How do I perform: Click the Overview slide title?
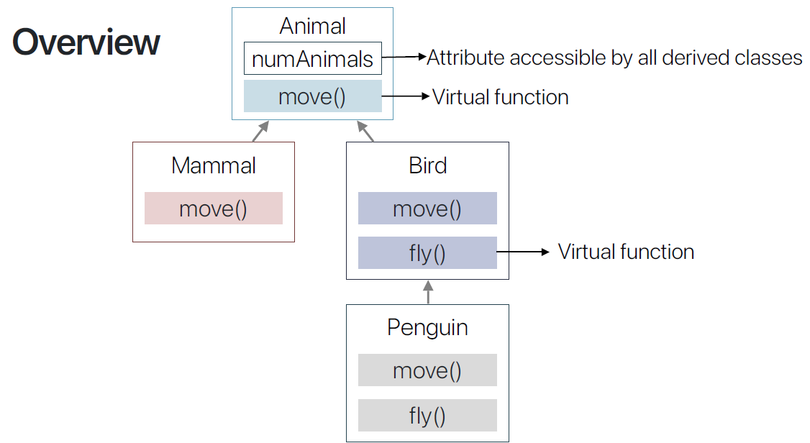86,42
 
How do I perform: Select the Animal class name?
312,26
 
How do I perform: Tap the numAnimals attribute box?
312,59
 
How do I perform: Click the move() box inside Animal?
312,96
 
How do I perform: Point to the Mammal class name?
214,165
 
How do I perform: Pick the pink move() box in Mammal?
214,209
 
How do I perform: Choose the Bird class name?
428,165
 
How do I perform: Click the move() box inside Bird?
427,209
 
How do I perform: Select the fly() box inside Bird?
427,252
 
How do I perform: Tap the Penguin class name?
427,327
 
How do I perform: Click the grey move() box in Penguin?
427,370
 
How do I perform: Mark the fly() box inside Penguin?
427,415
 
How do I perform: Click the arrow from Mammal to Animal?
260,131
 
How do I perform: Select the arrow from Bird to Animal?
366,131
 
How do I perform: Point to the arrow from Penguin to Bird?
428,292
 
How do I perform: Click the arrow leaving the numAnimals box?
404,58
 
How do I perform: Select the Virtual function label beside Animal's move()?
500,97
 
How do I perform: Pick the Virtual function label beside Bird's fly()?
626,252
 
